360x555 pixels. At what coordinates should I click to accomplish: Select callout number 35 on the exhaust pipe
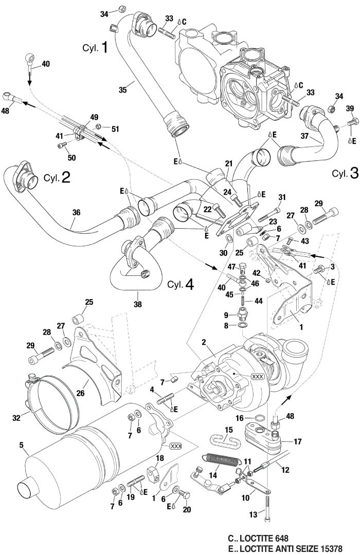pyautogui.click(x=122, y=90)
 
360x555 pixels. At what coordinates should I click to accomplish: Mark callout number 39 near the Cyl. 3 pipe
pyautogui.click(x=350, y=108)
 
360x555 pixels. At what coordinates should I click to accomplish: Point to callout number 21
pyautogui.click(x=229, y=163)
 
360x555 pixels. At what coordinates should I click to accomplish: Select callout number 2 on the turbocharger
pyautogui.click(x=204, y=341)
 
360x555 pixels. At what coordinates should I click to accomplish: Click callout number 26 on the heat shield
pyautogui.click(x=80, y=394)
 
